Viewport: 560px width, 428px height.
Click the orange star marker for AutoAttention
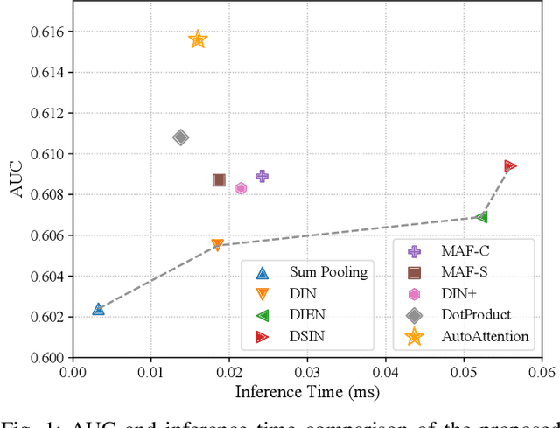click(x=198, y=39)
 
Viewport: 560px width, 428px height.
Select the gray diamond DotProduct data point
click(x=181, y=137)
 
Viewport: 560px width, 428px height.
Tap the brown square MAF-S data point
click(x=219, y=180)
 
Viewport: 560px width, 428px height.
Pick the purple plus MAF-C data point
click(x=262, y=176)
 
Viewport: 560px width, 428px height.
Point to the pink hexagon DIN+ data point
click(x=241, y=188)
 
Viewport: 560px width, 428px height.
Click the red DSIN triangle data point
click(x=509, y=166)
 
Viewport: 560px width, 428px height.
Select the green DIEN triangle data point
click(x=481, y=217)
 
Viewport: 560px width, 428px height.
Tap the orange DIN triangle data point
click(x=218, y=246)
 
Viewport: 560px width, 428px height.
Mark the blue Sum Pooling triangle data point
click(x=98, y=309)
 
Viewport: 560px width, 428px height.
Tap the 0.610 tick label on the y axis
click(x=47, y=154)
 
